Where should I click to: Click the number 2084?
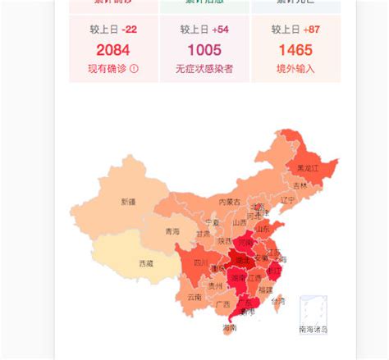point(112,50)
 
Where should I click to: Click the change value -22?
point(126,30)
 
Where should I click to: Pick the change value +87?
point(310,30)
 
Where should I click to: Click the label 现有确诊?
point(108,69)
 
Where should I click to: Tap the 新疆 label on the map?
point(128,201)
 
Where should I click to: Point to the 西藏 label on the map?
point(146,263)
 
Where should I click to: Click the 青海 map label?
point(172,231)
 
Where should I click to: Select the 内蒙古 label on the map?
point(230,202)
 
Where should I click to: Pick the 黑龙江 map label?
point(307,168)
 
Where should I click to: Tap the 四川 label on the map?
point(200,263)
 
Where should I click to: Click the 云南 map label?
point(194,297)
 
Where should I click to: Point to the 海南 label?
point(229,328)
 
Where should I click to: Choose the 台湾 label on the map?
point(279,301)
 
